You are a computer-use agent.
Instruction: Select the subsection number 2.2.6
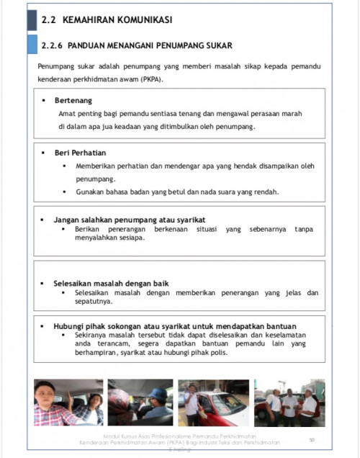53,45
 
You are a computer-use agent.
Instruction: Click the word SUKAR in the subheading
217,45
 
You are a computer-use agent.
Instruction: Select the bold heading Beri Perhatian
80,153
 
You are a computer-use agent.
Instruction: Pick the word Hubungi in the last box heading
71,326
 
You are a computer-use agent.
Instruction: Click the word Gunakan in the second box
91,192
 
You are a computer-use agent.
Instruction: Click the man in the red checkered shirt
53,408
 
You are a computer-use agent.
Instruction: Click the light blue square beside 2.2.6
32,45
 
